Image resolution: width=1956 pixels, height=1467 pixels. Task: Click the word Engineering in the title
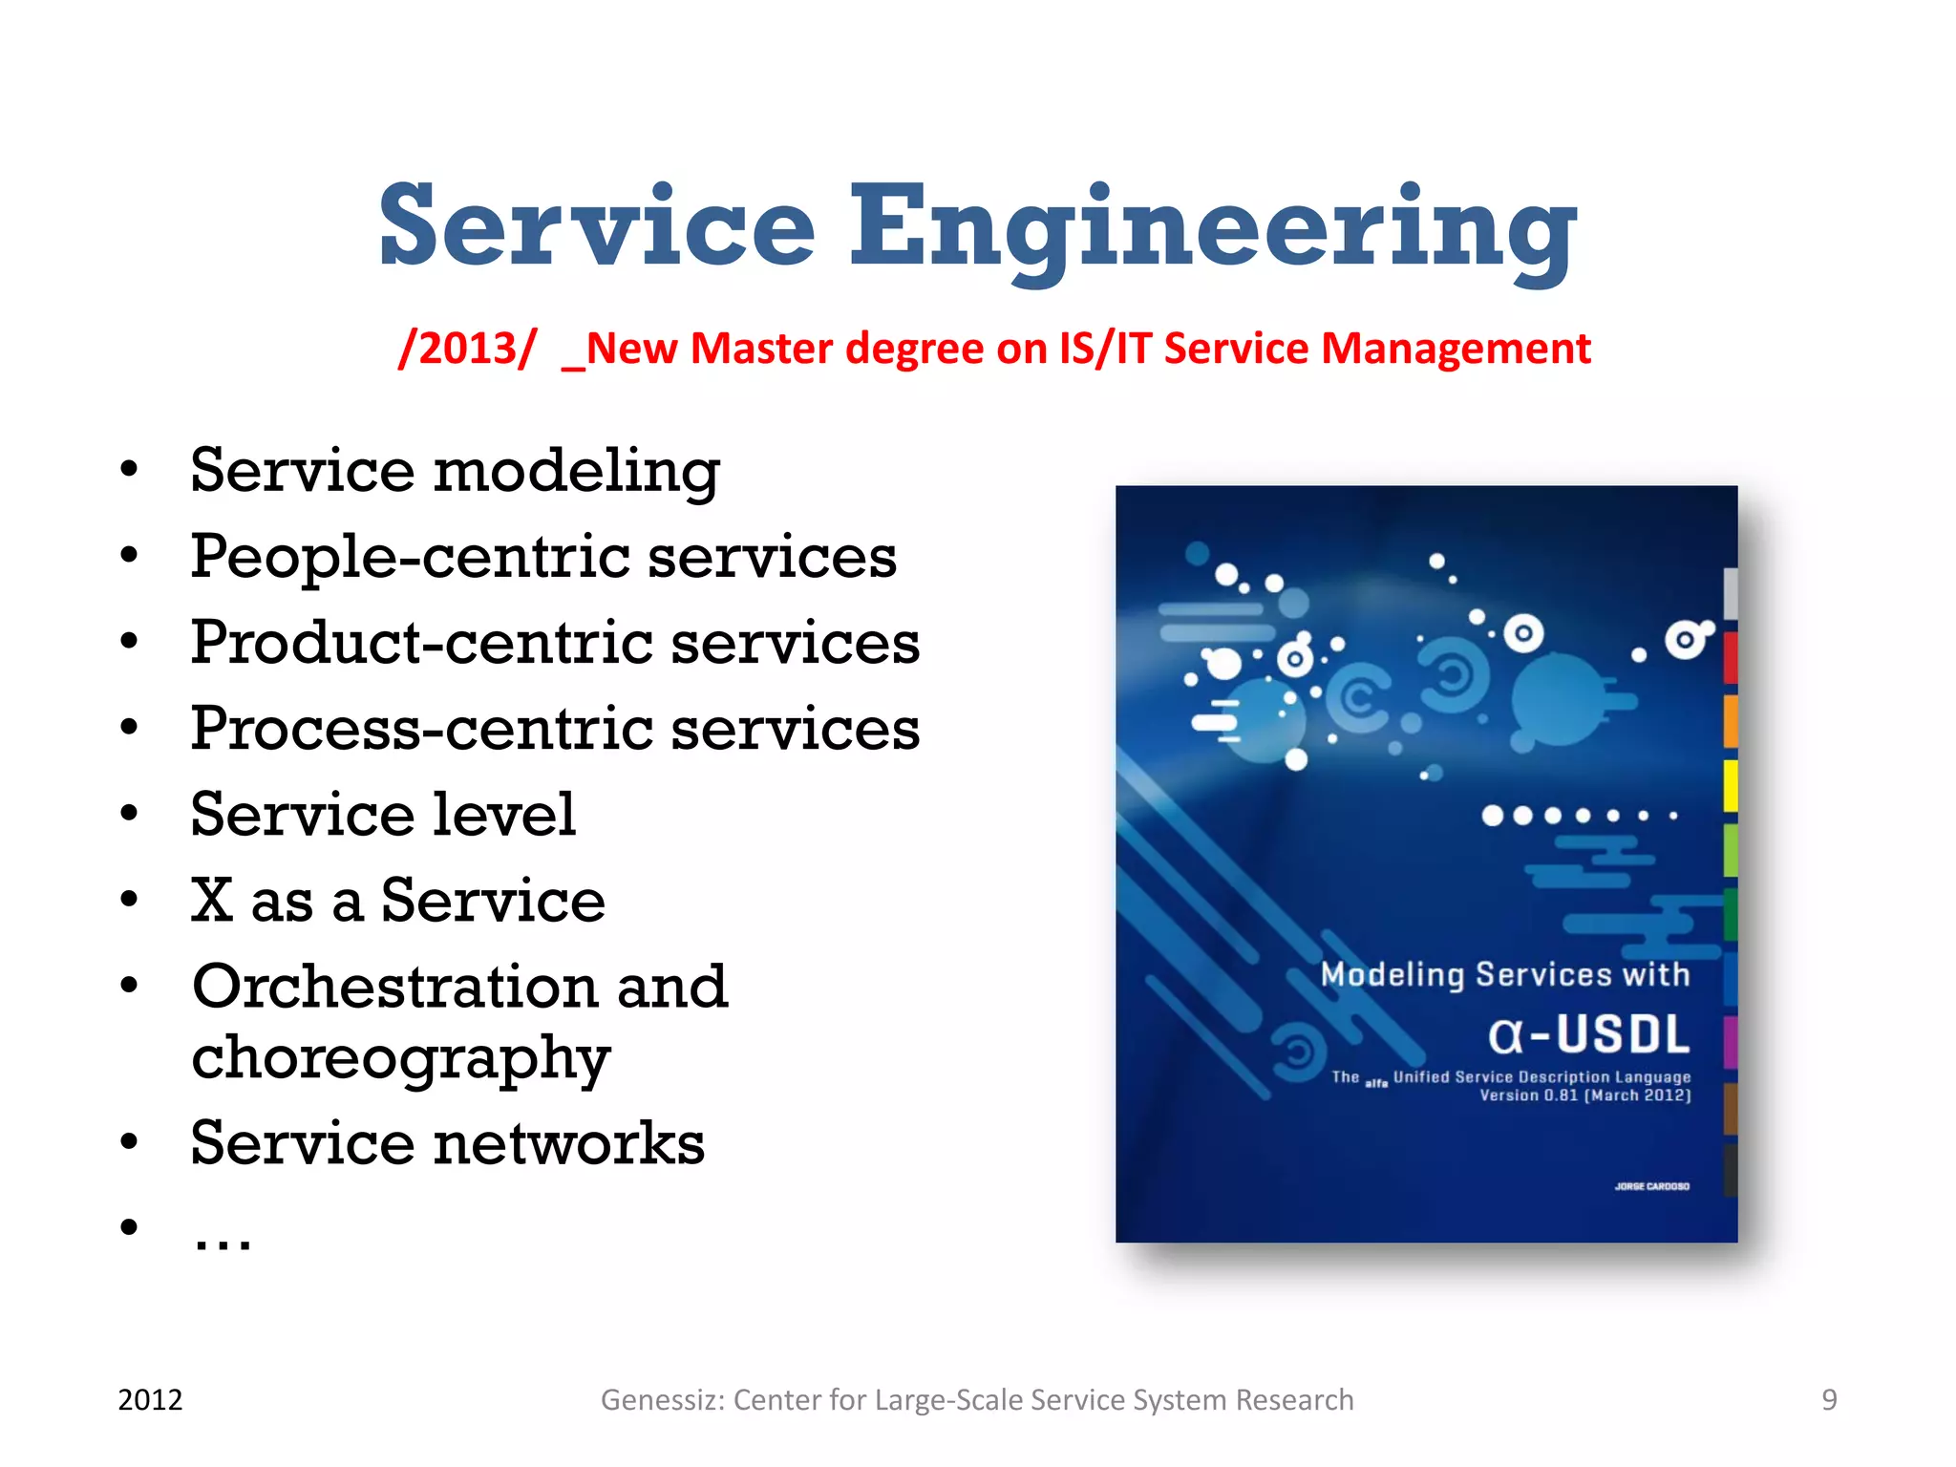[x=1213, y=229]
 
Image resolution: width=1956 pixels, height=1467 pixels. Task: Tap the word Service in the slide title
[x=597, y=229]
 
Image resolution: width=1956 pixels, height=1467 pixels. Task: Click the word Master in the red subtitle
[x=760, y=349]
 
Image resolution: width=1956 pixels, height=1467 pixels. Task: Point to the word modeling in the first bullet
[x=576, y=472]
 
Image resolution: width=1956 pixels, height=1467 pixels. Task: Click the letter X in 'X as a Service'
[x=212, y=901]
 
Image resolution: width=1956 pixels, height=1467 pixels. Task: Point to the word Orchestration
[x=394, y=987]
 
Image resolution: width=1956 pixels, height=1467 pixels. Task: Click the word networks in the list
[x=569, y=1143]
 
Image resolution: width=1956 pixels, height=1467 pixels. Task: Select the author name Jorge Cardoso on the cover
[x=1651, y=1186]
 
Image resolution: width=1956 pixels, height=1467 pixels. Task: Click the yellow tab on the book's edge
[x=1730, y=786]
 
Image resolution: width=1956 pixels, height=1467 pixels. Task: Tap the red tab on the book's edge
[x=1730, y=657]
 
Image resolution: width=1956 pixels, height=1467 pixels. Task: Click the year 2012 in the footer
[x=150, y=1400]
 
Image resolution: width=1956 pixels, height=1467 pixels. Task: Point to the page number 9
[x=1829, y=1400]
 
